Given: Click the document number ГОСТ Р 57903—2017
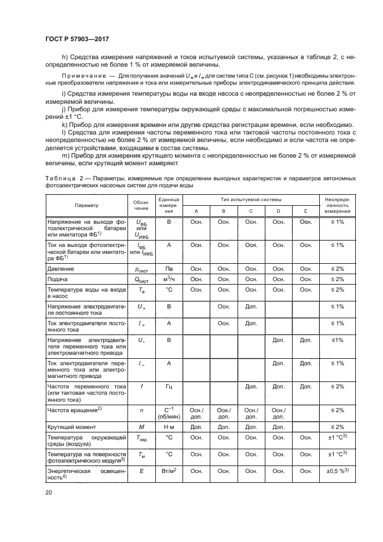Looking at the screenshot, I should tap(77, 38).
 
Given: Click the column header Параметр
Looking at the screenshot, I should tap(86, 205).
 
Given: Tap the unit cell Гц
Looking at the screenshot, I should tap(169, 385).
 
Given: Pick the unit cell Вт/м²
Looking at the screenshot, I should tap(169, 471).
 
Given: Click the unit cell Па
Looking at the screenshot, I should tap(169, 268).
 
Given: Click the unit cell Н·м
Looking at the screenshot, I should tap(169, 426).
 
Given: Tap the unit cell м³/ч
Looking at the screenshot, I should tap(169, 279).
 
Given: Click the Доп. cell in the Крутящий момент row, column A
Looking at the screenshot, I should tap(196, 426).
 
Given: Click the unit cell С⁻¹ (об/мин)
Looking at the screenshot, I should tap(169, 413).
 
